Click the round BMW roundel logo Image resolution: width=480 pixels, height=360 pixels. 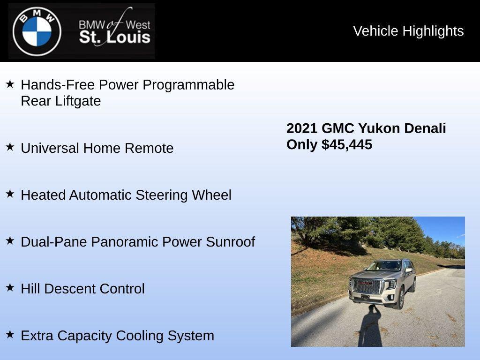37,31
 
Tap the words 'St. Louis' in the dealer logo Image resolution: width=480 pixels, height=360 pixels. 114,37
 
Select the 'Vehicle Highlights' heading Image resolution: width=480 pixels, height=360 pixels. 408,31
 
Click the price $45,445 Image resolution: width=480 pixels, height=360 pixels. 347,144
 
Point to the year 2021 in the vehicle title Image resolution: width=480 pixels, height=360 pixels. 302,128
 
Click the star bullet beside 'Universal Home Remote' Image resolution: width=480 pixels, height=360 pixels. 10,147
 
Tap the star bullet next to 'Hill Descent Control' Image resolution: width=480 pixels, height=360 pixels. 10,288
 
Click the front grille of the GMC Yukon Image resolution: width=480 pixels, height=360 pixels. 367,285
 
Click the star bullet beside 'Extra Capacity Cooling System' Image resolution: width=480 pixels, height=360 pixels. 10,335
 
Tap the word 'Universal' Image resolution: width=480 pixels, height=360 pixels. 50,148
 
